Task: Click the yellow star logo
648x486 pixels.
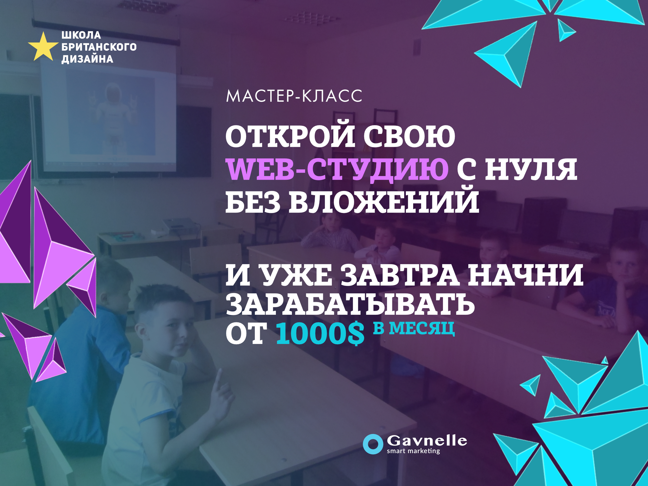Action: point(43,47)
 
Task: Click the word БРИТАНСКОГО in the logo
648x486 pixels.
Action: point(99,47)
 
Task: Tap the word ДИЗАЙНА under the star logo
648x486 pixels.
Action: point(87,59)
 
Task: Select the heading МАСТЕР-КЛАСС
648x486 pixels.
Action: point(294,96)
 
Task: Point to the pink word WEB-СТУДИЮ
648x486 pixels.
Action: point(337,170)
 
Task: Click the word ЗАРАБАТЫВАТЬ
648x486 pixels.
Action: point(350,304)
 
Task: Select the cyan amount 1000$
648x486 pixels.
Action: point(320,334)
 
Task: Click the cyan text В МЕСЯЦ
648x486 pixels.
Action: point(414,328)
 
